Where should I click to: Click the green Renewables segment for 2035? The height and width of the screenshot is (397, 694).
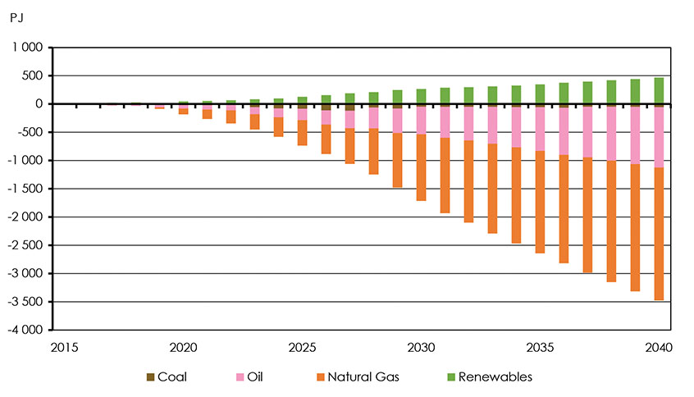pos(540,94)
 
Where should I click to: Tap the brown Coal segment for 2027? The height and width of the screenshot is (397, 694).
pos(349,107)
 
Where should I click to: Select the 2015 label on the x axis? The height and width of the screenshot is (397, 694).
pos(64,347)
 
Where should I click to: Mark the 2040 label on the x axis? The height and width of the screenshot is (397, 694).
pos(659,347)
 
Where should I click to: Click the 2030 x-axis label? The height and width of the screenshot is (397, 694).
pos(421,347)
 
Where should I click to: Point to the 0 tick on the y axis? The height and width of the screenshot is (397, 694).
pos(37,104)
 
